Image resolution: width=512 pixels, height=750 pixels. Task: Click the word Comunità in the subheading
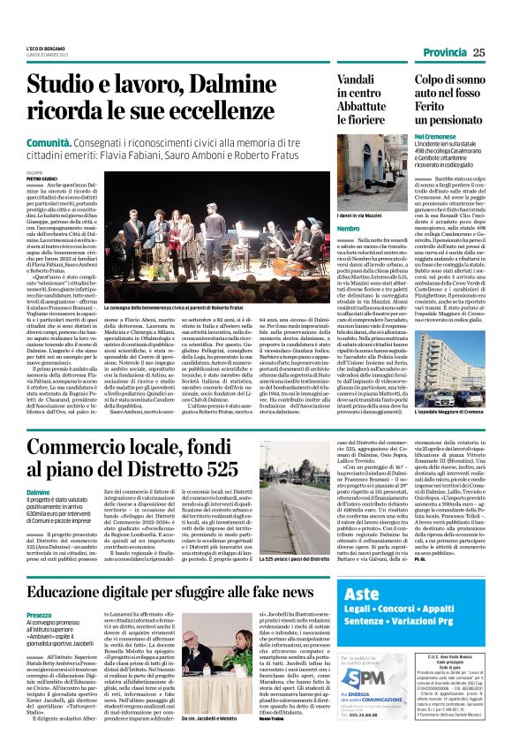point(49,140)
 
